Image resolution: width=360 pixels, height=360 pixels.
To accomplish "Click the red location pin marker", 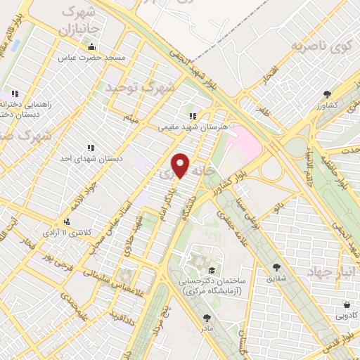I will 181,165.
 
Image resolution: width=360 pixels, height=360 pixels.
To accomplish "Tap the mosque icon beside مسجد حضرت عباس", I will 91,48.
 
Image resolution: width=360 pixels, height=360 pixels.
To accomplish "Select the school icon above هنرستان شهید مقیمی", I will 191,116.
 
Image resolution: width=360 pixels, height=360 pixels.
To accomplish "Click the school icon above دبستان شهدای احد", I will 91,148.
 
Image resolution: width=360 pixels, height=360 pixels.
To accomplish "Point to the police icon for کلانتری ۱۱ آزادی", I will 67,221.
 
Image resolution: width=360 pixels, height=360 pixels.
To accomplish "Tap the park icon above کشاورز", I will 327,94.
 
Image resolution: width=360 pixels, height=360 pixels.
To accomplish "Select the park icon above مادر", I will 207,318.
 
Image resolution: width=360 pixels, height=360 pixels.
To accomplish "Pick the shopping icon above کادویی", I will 347,305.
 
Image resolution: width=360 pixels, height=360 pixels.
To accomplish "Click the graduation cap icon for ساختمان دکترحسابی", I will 211,270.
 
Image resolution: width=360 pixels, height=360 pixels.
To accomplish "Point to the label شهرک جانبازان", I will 77,21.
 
